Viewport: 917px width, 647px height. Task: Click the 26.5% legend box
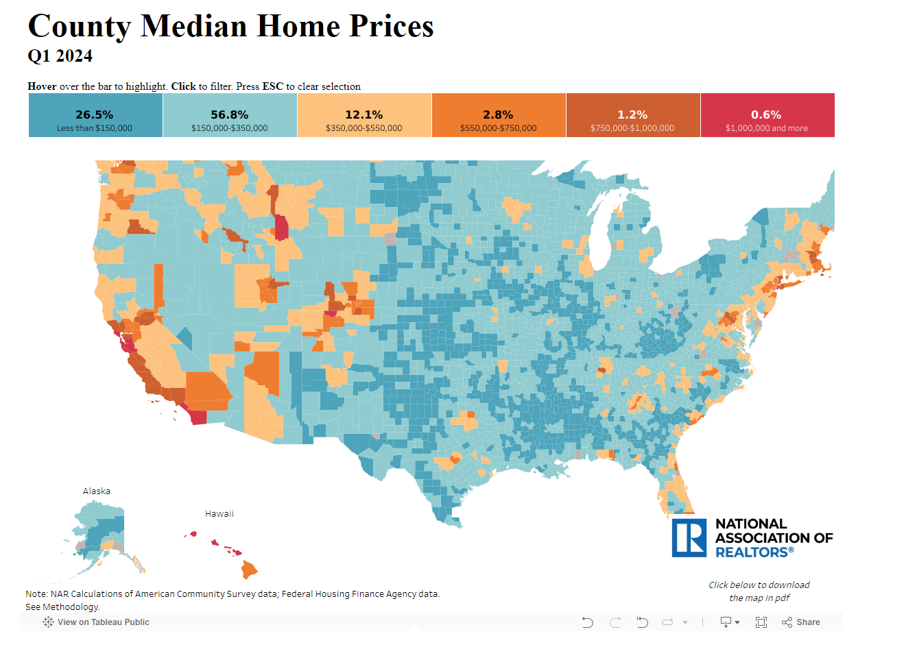(x=95, y=115)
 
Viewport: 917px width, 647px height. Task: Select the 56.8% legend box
(x=230, y=115)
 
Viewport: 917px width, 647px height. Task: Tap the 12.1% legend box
(x=364, y=115)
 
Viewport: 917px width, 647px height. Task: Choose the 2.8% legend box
(x=499, y=115)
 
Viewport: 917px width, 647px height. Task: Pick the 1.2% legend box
(x=633, y=115)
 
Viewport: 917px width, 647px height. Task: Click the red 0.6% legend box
(x=767, y=115)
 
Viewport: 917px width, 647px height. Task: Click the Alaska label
(x=97, y=491)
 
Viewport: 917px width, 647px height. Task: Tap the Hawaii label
(x=219, y=513)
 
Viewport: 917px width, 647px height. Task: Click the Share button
(x=801, y=622)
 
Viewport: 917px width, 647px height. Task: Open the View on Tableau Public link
(x=96, y=622)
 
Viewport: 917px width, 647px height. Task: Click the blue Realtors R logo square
(x=689, y=538)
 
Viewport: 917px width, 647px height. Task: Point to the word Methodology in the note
(x=71, y=607)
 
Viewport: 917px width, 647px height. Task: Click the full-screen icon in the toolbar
(x=761, y=622)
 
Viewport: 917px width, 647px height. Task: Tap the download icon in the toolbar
(x=726, y=622)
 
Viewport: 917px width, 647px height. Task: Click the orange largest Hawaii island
(x=248, y=569)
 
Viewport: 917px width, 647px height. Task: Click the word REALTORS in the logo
(x=752, y=552)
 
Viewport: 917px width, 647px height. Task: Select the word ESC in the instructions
(x=273, y=86)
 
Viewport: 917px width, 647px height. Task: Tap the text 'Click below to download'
(x=759, y=585)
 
